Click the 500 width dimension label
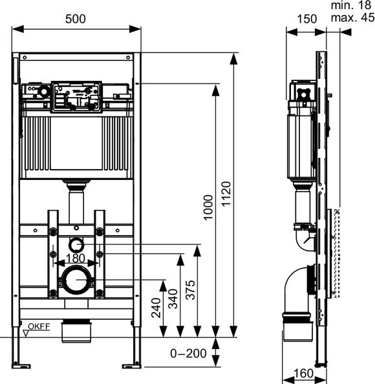(75, 19)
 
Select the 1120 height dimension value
(226, 194)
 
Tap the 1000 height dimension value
(208, 207)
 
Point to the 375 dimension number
(191, 290)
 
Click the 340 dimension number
(173, 299)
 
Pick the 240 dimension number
(156, 308)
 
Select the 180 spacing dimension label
(76, 258)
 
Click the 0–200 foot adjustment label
(188, 354)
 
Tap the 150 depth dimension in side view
(307, 19)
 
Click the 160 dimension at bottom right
(303, 373)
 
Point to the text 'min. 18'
(351, 5)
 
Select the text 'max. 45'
(352, 17)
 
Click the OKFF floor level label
(39, 326)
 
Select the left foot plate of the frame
(21, 366)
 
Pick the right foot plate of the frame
(131, 366)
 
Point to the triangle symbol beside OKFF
(26, 333)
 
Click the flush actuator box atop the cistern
(76, 97)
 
